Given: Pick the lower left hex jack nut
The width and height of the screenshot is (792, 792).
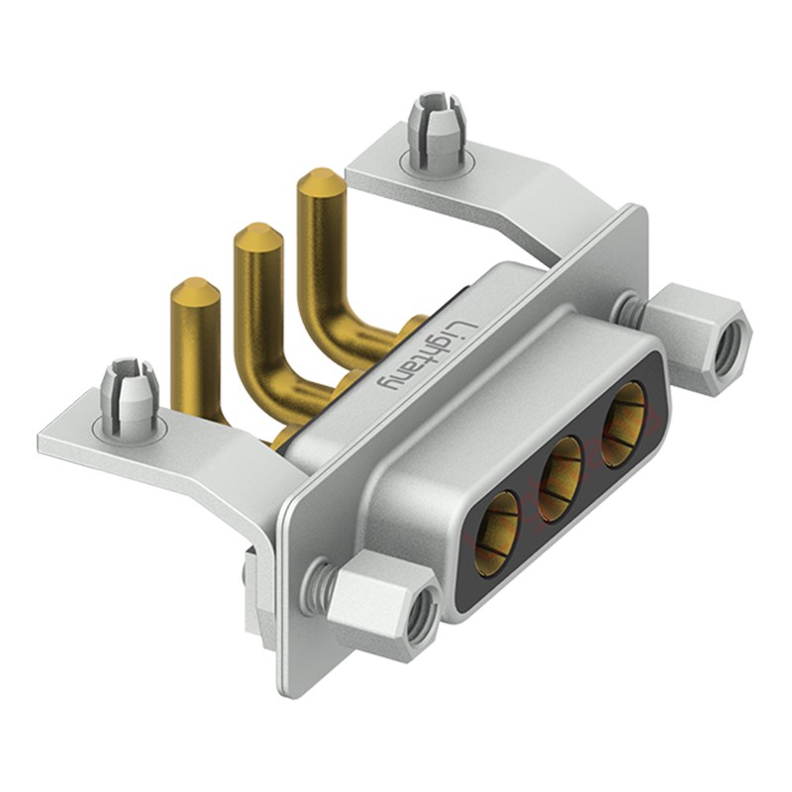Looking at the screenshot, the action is pos(383,605).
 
